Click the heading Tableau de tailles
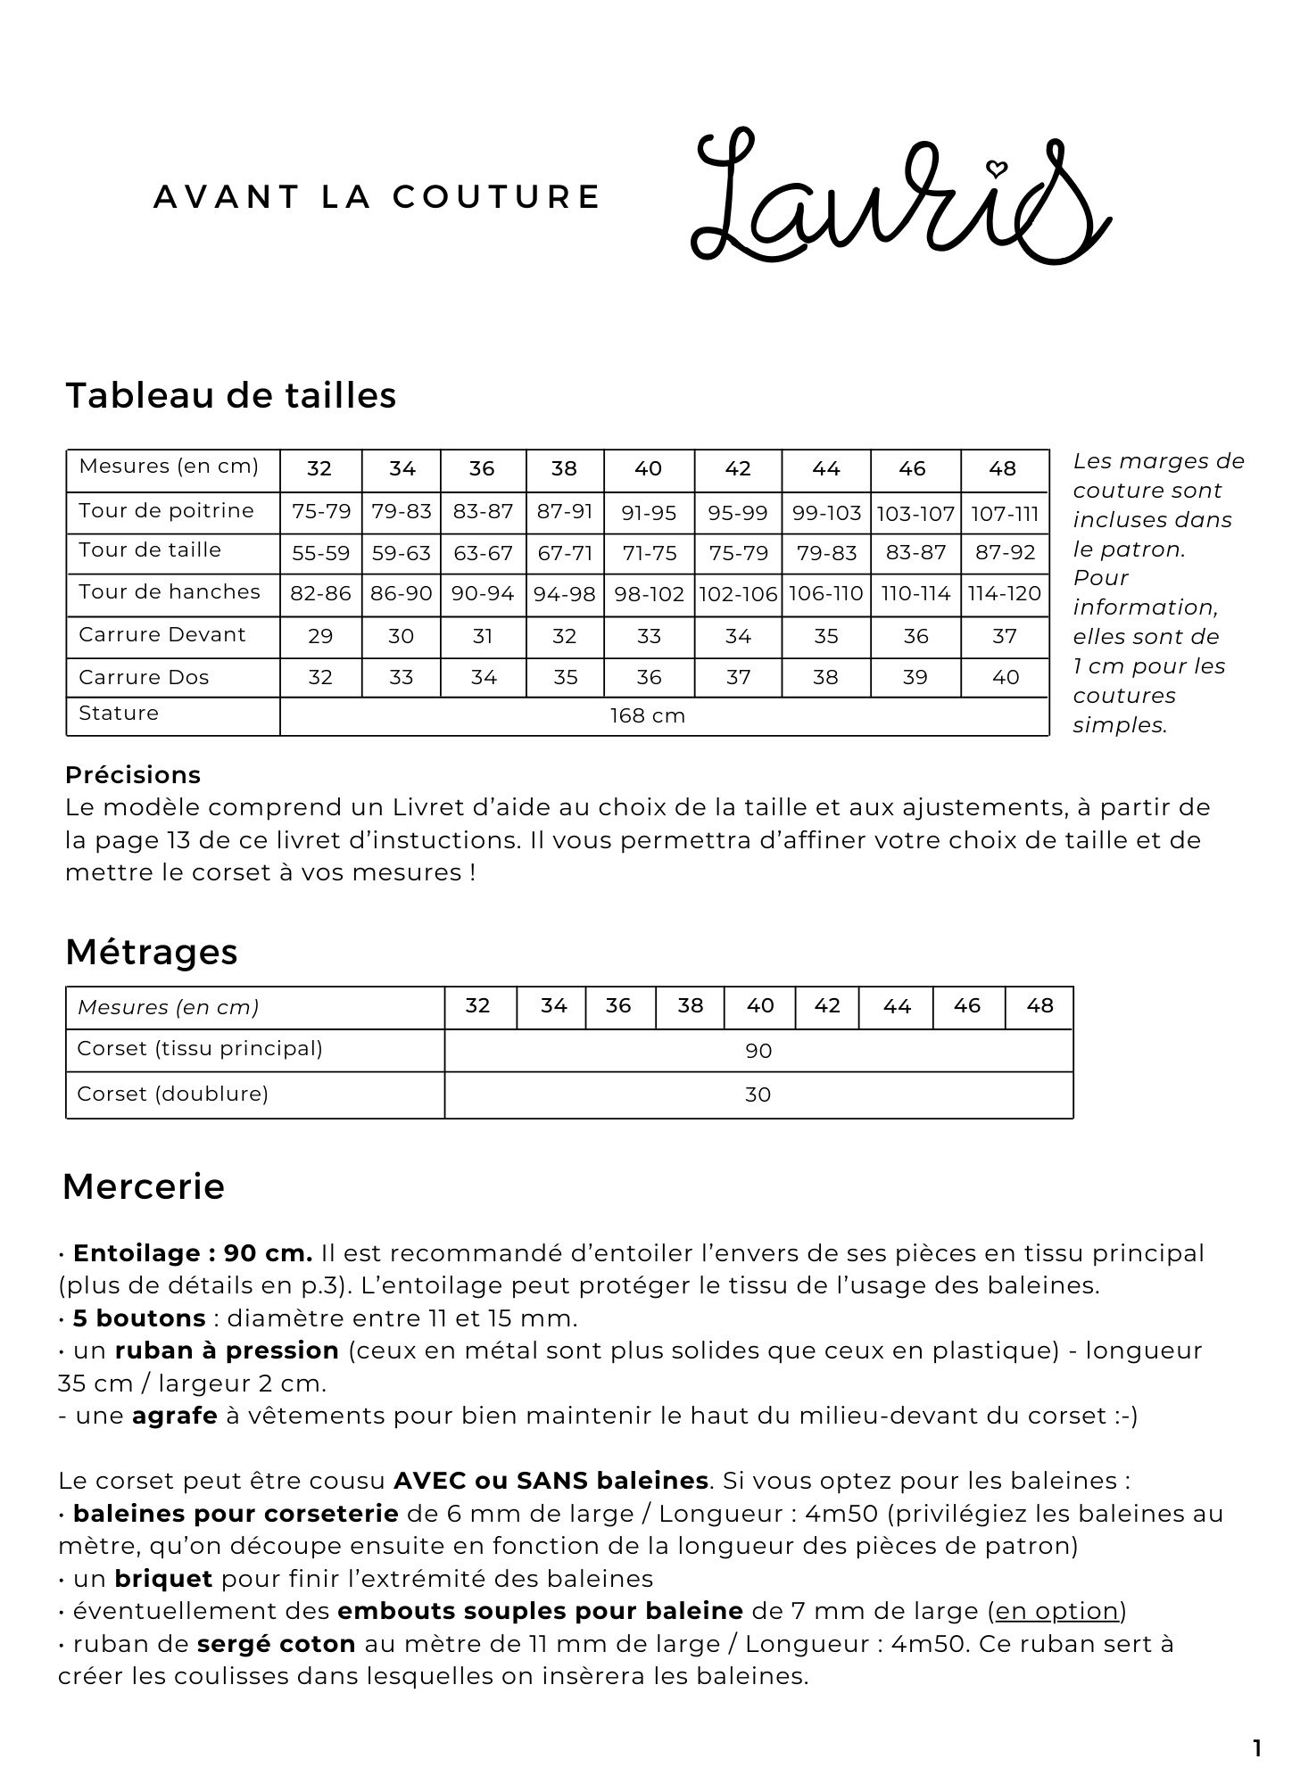(231, 395)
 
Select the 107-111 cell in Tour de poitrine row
(1005, 513)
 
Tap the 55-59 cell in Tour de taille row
(321, 553)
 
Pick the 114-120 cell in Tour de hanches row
(1005, 594)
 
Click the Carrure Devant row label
(162, 635)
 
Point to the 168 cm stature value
(648, 715)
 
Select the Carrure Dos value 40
(1006, 677)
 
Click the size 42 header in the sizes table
(738, 469)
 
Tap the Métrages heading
(152, 952)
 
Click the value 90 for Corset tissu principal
(758, 1051)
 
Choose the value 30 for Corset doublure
(758, 1094)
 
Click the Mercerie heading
(144, 1186)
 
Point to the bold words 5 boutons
(139, 1318)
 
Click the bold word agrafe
(175, 1416)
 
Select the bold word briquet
(163, 1579)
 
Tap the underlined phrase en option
(1057, 1611)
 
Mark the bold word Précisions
(133, 774)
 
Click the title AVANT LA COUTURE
(377, 197)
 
